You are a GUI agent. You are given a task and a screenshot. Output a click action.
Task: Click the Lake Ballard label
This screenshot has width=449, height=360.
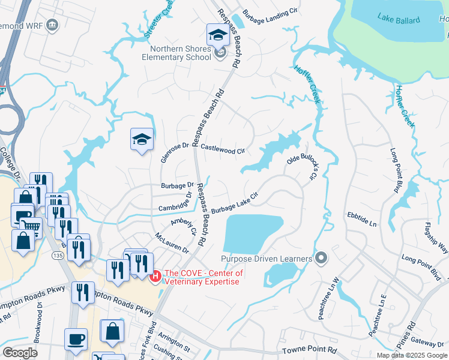click(399, 19)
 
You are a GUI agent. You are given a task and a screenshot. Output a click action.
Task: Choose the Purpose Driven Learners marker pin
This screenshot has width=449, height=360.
click(321, 259)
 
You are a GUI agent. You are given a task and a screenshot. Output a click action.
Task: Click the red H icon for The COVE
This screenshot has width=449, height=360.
click(155, 277)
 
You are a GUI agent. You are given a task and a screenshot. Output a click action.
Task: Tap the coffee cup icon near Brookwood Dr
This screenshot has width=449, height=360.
click(76, 338)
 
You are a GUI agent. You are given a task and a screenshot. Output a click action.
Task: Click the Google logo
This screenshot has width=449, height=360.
click(20, 353)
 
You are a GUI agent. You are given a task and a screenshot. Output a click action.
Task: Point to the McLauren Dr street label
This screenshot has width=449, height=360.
click(172, 242)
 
